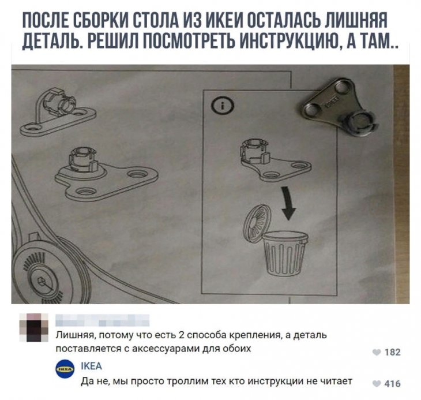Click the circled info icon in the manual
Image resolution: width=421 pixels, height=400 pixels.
(223, 106)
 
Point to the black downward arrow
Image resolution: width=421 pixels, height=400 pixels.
(287, 203)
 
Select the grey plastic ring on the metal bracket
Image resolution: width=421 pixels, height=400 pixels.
(360, 123)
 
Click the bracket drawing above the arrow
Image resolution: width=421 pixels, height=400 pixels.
(276, 160)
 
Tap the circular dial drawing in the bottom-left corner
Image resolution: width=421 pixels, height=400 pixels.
(40, 276)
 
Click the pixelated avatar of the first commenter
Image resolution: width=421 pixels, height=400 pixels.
(34, 327)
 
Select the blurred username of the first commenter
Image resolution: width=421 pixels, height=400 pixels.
(102, 320)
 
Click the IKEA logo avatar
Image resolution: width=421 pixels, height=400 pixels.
(65, 369)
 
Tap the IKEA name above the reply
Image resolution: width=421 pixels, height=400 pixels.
(91, 366)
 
